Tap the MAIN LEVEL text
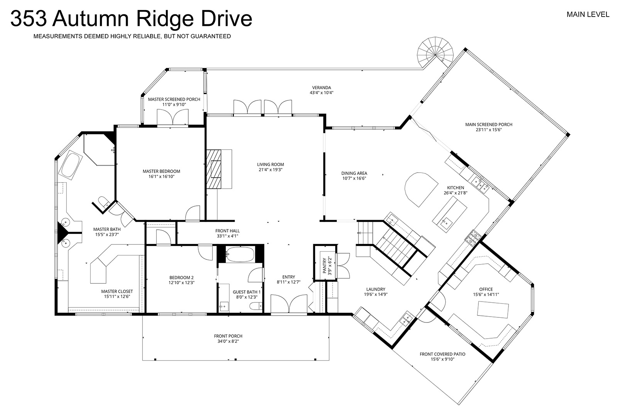588,15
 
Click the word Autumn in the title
90,19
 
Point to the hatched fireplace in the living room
214,169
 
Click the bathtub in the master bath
71,165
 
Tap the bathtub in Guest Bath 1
240,254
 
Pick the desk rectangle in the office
493,310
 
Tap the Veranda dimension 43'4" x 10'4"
321,93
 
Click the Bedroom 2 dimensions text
181,282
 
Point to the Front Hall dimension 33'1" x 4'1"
228,236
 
